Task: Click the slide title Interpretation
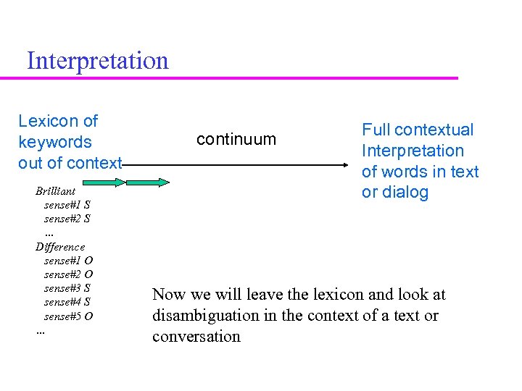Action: point(97,60)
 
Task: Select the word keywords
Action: point(55,142)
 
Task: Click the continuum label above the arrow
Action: point(236,139)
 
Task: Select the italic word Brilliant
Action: point(55,191)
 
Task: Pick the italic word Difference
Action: point(60,247)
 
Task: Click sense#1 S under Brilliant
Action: point(67,205)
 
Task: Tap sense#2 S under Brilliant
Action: point(67,219)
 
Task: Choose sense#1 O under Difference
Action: point(68,261)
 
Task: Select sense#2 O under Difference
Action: point(68,274)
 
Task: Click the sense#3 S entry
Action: point(67,288)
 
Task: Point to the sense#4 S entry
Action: point(67,302)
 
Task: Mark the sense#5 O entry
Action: point(68,316)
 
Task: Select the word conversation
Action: point(196,337)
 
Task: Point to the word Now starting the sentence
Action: point(169,295)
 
